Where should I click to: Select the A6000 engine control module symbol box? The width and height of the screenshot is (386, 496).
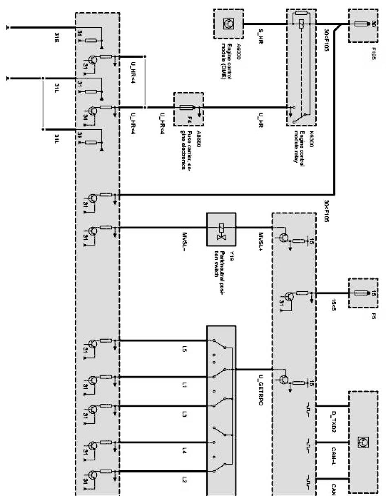coord(228,24)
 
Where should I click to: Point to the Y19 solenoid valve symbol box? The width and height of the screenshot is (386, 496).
coord(222,229)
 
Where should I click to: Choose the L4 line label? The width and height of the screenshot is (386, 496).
coord(185,451)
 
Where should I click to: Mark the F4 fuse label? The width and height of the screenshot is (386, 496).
coord(189,121)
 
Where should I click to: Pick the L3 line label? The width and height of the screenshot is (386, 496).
coord(185,414)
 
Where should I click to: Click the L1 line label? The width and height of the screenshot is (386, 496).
coord(185,385)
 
